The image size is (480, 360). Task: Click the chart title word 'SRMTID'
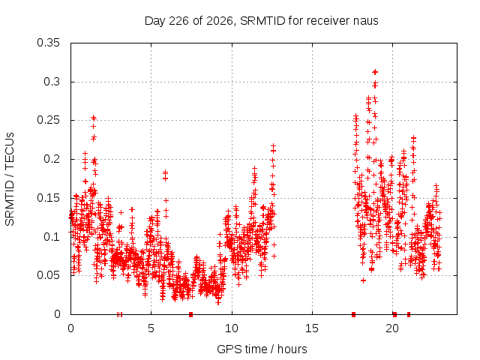click(262, 21)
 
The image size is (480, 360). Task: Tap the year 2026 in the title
click(219, 21)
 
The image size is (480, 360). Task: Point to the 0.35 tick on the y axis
click(48, 43)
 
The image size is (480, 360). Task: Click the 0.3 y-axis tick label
click(52, 82)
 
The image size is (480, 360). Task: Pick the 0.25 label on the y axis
click(48, 120)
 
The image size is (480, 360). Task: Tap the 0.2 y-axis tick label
click(52, 159)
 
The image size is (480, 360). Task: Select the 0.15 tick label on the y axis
click(48, 198)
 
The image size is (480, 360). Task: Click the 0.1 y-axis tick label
click(52, 237)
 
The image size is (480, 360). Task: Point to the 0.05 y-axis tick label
click(48, 275)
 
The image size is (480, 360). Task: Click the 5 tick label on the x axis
click(151, 328)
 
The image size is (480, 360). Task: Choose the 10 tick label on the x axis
click(232, 328)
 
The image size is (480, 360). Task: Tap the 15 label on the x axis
click(312, 328)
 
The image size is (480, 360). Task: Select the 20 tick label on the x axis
click(392, 328)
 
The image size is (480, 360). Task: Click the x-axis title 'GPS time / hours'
click(262, 349)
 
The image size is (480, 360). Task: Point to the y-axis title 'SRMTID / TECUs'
click(10, 179)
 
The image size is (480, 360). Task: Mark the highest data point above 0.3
click(375, 72)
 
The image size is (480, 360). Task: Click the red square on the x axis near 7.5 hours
click(191, 314)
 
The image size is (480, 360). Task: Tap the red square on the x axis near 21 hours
click(409, 314)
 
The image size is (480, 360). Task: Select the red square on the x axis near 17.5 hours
click(353, 314)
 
